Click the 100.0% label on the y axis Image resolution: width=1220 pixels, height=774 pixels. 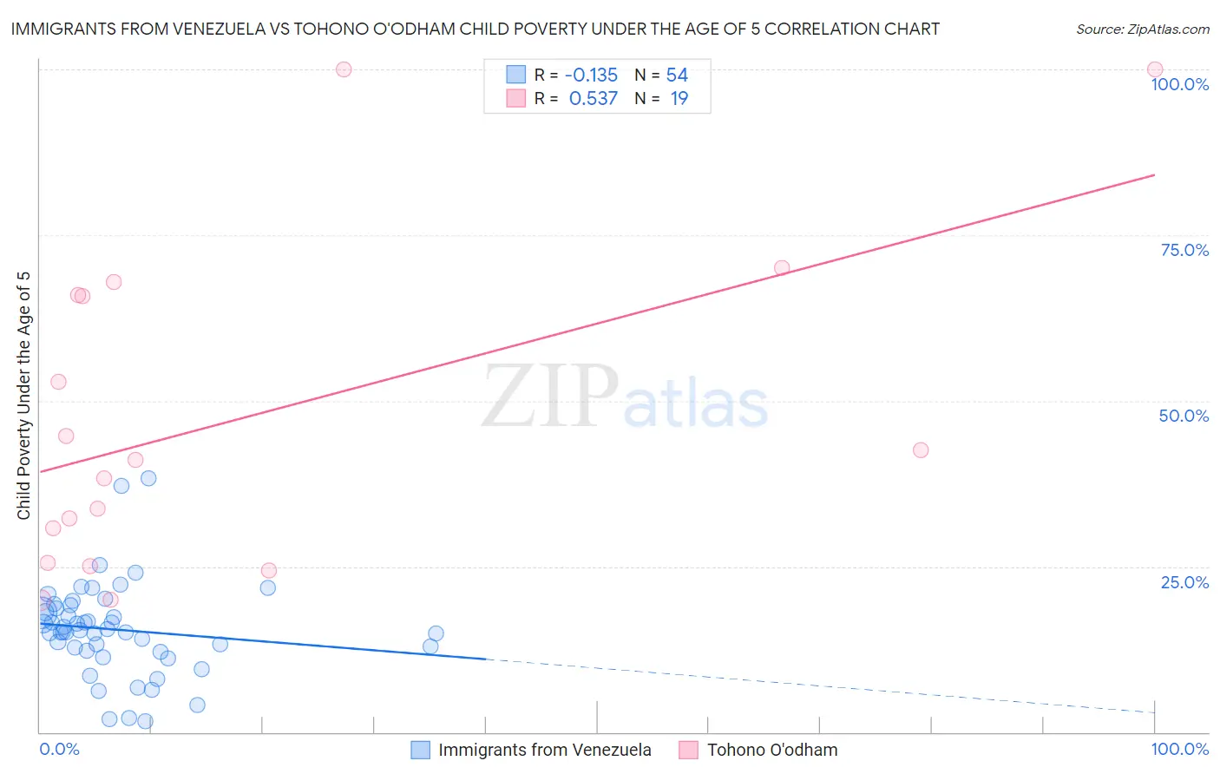pyautogui.click(x=1179, y=84)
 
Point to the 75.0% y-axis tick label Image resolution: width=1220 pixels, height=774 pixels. pyautogui.click(x=1184, y=250)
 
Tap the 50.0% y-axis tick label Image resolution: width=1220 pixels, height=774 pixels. pyautogui.click(x=1184, y=416)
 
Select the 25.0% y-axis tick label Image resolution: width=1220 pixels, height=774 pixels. pyautogui.click(x=1184, y=582)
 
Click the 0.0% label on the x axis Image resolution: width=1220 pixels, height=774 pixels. pyautogui.click(x=59, y=749)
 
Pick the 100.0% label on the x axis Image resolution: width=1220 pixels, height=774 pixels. pyautogui.click(x=1179, y=749)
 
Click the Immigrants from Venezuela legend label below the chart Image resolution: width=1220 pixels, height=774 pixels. pyautogui.click(x=544, y=750)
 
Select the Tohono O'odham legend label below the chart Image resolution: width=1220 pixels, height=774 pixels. pyautogui.click(x=772, y=750)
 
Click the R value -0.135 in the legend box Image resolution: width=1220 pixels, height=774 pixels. pyautogui.click(x=591, y=75)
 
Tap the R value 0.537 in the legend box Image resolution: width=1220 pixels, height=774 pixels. pyautogui.click(x=593, y=99)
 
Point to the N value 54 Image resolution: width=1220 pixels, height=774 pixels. pyautogui.click(x=677, y=75)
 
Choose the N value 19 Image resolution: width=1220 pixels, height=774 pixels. pyautogui.click(x=679, y=99)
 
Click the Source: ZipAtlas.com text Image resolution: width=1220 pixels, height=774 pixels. pyautogui.click(x=1142, y=30)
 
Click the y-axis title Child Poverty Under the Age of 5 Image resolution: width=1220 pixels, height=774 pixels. pyautogui.click(x=24, y=396)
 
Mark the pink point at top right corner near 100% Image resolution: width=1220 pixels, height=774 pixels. pyautogui.click(x=1155, y=69)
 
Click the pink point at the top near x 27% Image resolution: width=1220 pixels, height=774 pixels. pyautogui.click(x=344, y=69)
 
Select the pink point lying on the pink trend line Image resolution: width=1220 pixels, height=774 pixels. pyautogui.click(x=782, y=268)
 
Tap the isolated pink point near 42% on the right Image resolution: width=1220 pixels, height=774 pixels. pyautogui.click(x=921, y=450)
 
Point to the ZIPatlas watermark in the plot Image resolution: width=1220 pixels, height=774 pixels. pyautogui.click(x=625, y=397)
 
